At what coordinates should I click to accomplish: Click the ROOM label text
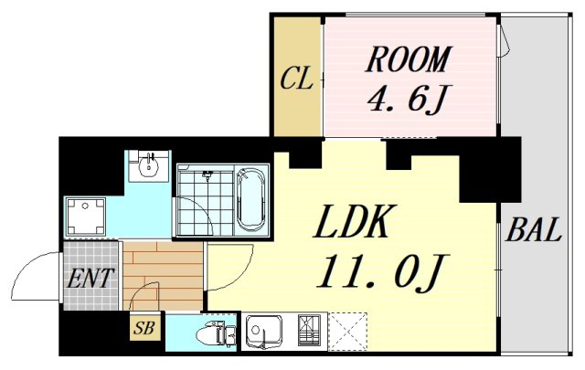point(409,59)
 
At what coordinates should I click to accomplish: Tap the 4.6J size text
point(406,98)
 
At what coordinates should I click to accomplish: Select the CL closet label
point(296,79)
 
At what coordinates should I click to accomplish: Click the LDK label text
point(352,221)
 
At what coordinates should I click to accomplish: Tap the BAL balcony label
point(534,229)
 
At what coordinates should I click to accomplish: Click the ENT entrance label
point(89,278)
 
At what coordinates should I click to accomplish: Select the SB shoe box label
point(144,328)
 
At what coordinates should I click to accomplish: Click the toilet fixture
point(216,334)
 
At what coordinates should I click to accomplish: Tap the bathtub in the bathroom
point(250,199)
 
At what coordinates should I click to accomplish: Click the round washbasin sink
point(149,166)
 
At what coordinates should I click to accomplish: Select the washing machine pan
point(85,217)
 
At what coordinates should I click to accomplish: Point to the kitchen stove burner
point(309,330)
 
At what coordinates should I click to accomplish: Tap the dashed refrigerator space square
point(348,332)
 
